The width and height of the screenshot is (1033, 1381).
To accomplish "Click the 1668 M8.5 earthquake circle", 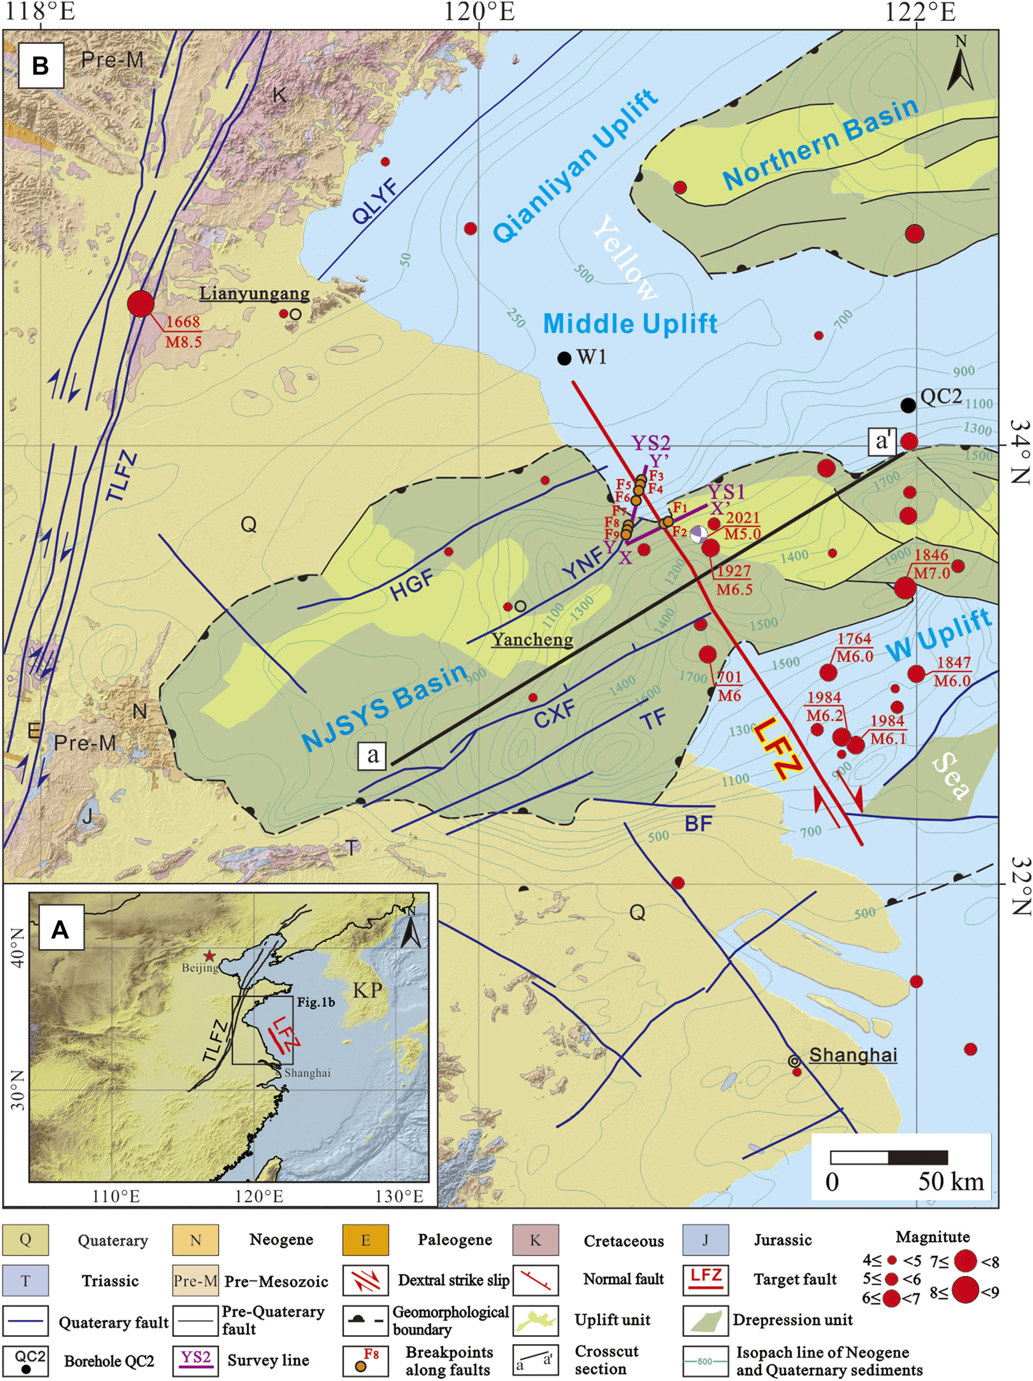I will coord(141,304).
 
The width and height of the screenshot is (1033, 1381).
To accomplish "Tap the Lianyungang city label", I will coord(254,293).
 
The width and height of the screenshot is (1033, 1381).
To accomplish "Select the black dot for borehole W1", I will coord(564,359).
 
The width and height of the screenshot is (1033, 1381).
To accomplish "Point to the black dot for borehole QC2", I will coord(908,406).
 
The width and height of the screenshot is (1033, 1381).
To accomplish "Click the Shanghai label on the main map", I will coord(852,1055).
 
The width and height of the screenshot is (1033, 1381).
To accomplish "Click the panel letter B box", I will coord(41,65).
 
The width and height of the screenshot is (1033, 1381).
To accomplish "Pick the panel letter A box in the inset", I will coord(60,930).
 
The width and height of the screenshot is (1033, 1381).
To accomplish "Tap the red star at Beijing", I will coord(209,956).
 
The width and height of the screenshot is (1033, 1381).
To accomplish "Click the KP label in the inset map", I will coord(367,990).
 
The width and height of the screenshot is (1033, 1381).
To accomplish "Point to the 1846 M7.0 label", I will coord(932,564).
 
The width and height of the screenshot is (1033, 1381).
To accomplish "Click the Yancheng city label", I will coord(532,639).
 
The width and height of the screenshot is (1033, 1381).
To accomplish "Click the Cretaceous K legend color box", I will coord(535,1239).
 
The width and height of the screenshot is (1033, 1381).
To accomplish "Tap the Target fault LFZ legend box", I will coord(706,1279).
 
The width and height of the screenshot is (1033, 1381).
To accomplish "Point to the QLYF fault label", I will coord(376,202).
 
